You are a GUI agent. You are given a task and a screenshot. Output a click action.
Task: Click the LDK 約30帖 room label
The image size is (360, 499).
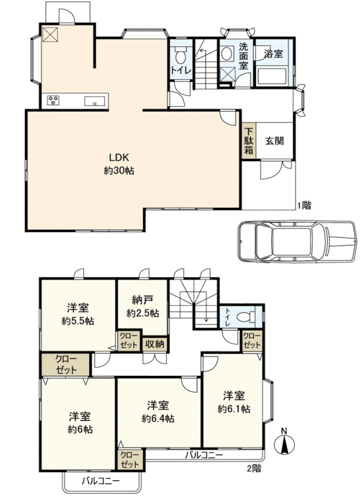click(x=118, y=164)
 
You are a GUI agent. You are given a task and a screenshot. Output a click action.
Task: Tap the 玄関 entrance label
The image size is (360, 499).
click(x=274, y=141)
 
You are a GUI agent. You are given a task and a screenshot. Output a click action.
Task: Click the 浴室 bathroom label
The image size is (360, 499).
click(x=273, y=53)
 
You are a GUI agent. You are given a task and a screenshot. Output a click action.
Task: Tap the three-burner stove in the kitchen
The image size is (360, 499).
click(x=53, y=101)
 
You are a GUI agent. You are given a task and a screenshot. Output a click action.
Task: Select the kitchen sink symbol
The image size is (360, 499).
click(x=94, y=101)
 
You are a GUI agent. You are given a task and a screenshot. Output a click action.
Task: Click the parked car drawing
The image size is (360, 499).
click(x=297, y=242)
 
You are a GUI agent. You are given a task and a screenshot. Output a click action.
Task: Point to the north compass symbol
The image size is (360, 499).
click(x=284, y=442)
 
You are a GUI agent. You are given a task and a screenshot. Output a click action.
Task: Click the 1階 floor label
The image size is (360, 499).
click(x=304, y=206)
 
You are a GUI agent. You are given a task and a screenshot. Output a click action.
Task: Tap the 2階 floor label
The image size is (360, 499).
click(x=254, y=469)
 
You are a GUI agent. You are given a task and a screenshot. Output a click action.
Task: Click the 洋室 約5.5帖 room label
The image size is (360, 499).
click(x=77, y=314)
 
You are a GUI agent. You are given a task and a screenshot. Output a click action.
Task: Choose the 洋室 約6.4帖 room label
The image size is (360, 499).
click(x=158, y=412)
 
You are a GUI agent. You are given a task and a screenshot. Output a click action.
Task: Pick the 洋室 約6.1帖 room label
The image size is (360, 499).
click(x=234, y=402)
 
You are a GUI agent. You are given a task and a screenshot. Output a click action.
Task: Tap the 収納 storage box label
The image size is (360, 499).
click(x=155, y=344)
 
